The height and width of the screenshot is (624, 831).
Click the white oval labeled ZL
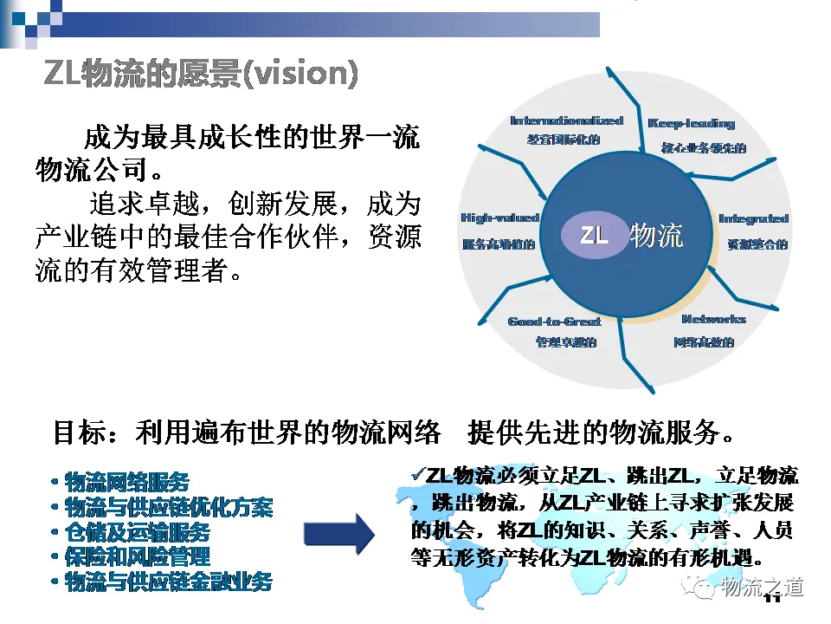click(x=594, y=235)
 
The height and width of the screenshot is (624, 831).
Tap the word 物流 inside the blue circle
click(x=657, y=235)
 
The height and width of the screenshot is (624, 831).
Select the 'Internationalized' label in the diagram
click(x=566, y=120)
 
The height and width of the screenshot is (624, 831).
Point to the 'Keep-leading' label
click(x=691, y=123)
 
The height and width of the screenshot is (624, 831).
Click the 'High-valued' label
click(x=499, y=218)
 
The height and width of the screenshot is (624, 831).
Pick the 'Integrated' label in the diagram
click(x=753, y=218)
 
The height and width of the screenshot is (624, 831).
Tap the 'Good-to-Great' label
click(x=554, y=321)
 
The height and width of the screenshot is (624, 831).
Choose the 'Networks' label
click(x=712, y=319)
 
